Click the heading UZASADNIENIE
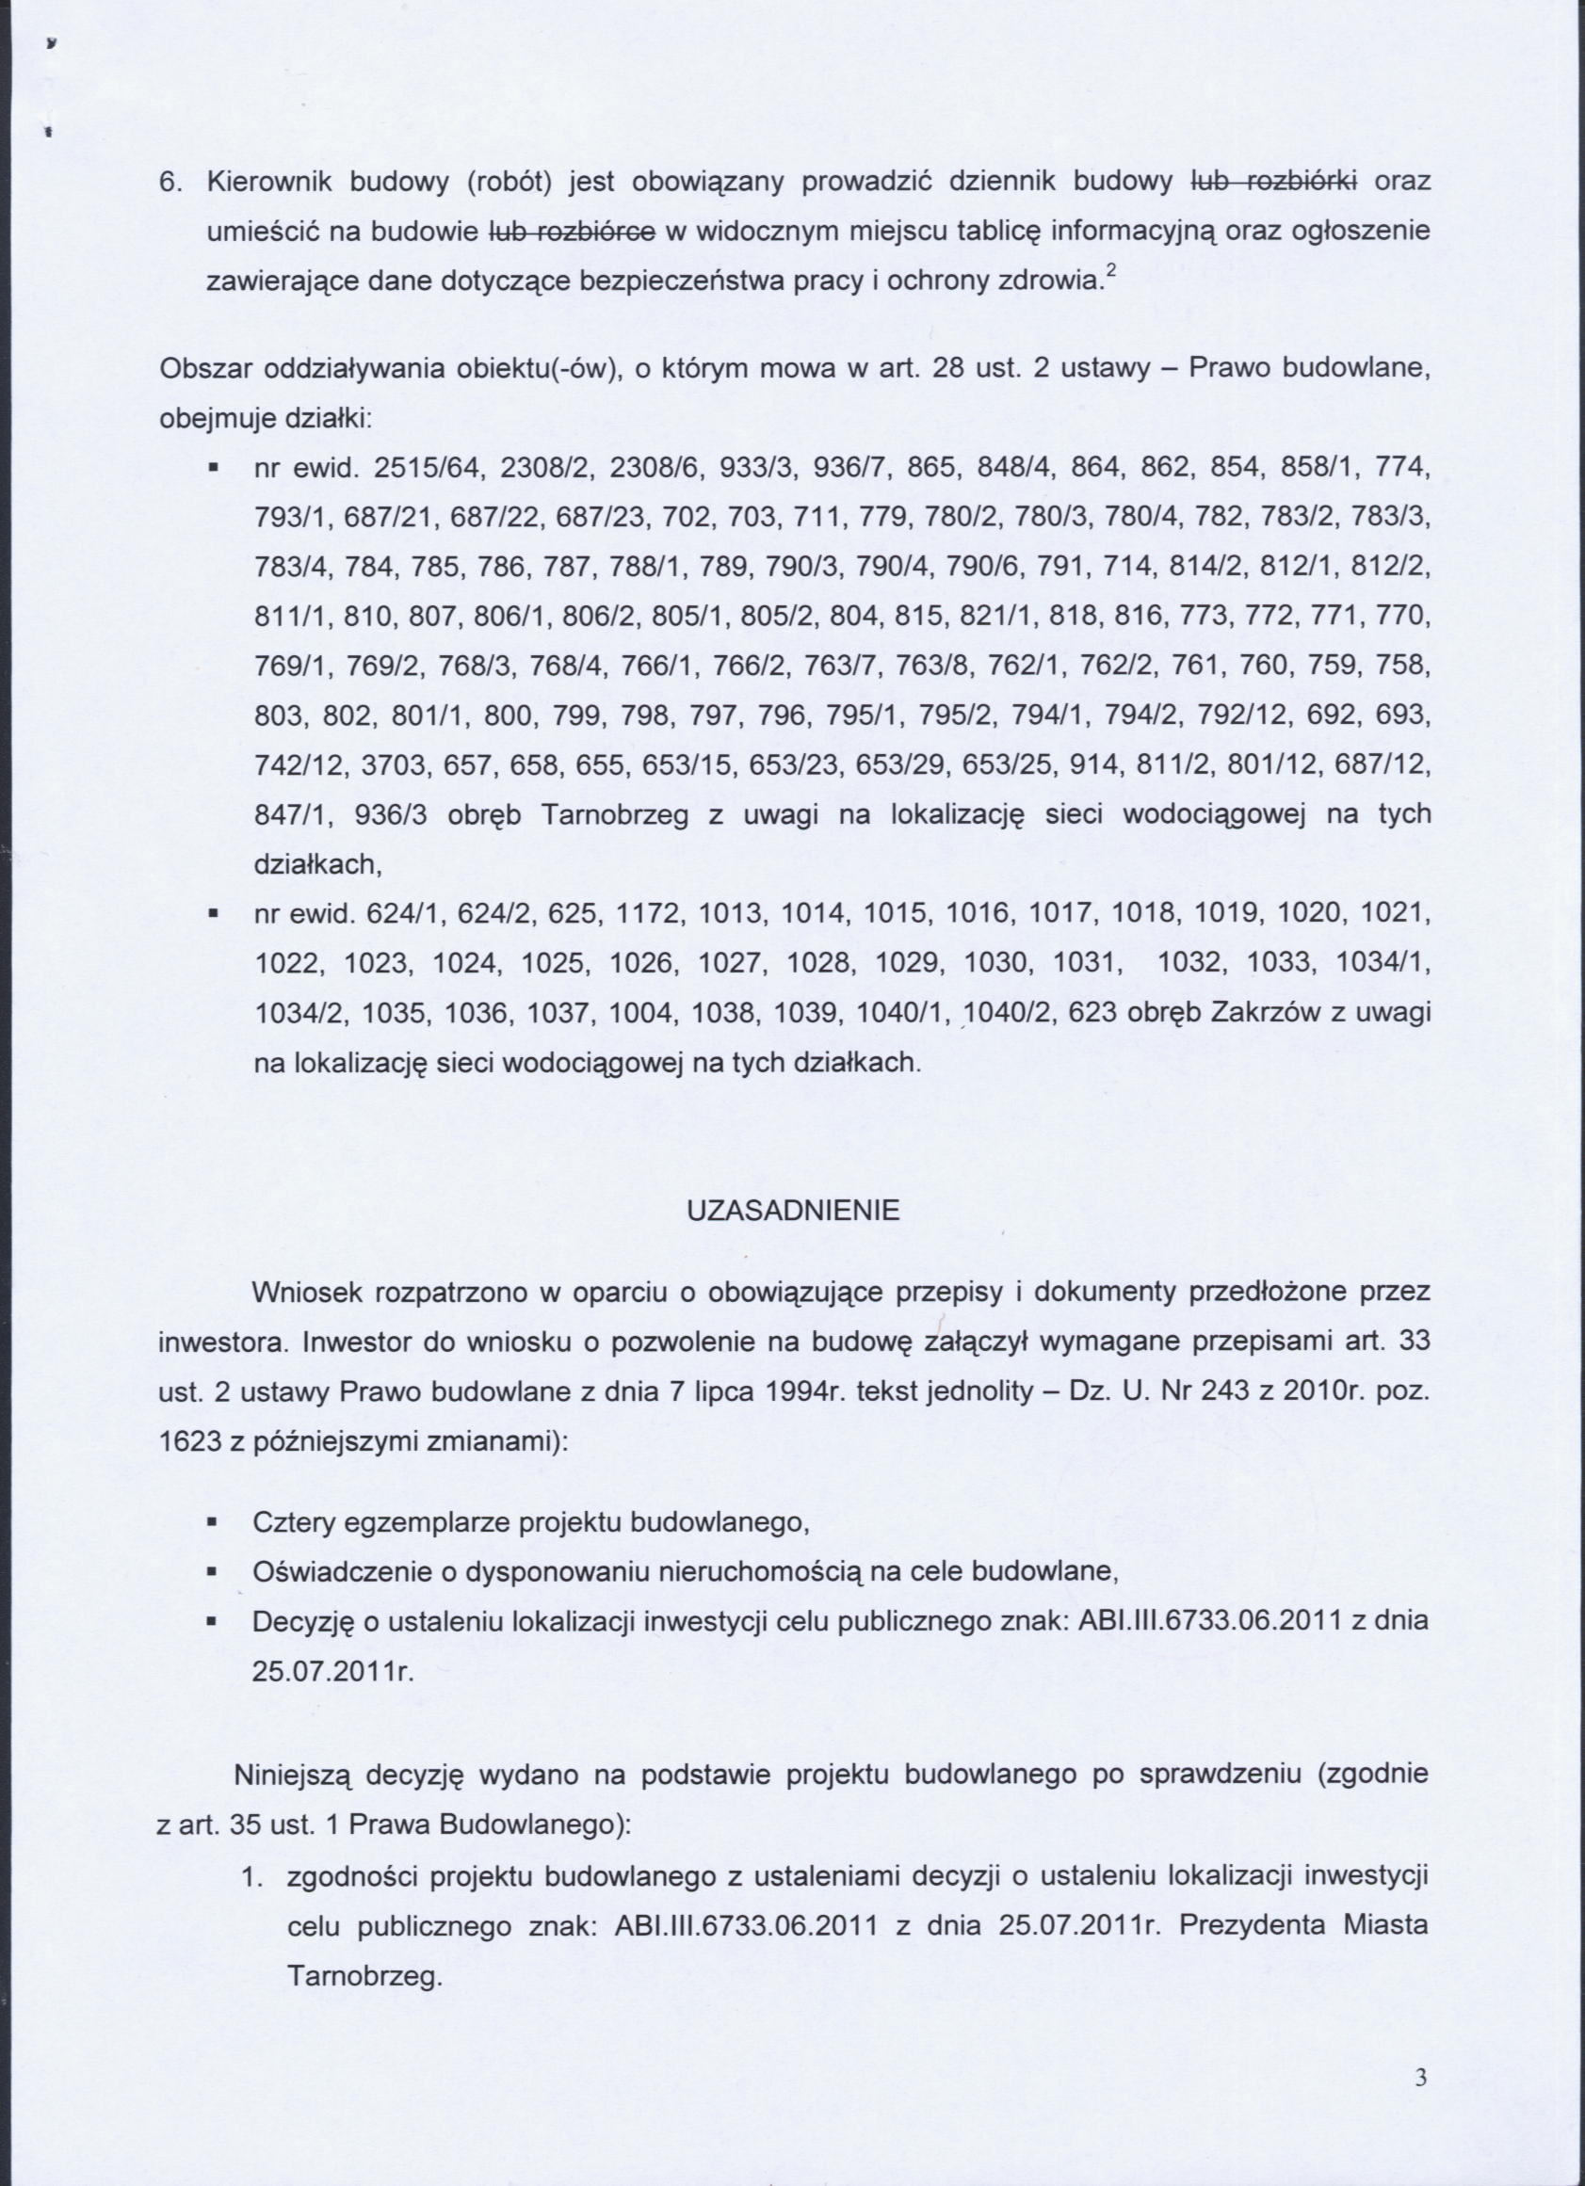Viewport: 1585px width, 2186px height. pos(793,1211)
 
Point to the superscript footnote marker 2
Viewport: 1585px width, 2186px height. pos(1110,274)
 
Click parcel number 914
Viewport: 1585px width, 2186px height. pos(1181,764)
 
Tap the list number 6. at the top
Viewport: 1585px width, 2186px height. pos(170,181)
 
